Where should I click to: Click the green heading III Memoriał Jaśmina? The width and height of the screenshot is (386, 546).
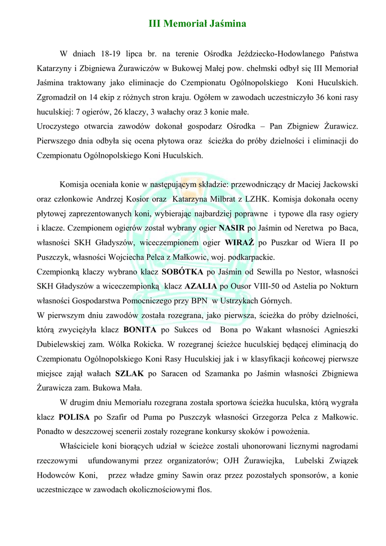point(197,24)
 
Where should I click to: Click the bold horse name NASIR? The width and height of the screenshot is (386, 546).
point(231,228)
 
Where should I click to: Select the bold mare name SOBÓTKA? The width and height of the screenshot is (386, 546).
point(182,272)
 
